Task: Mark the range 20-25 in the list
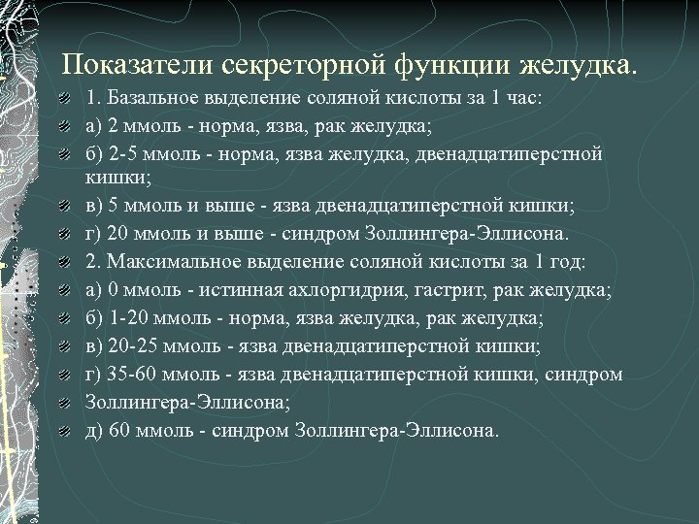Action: coord(130,346)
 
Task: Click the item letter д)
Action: coord(94,431)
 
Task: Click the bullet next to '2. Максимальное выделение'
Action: coord(62,263)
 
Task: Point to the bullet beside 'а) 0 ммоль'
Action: coord(62,291)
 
